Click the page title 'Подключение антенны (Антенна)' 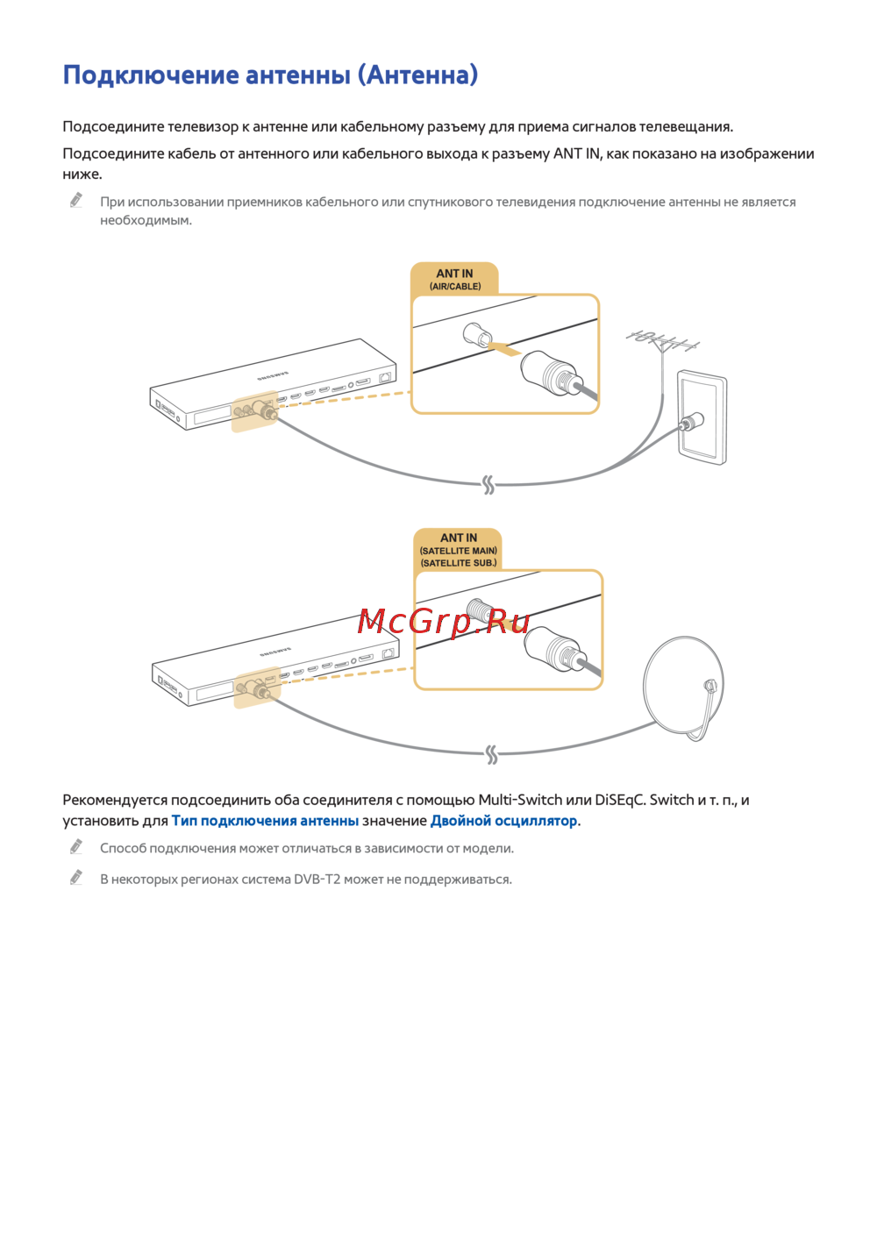click(270, 75)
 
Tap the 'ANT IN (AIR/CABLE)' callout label click(454, 279)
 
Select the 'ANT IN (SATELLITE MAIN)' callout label click(458, 550)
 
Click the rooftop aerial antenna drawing click(663, 340)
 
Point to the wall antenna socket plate click(702, 417)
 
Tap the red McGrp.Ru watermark click(444, 622)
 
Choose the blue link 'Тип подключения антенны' click(265, 821)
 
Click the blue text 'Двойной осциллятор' click(503, 821)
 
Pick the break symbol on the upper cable click(488, 484)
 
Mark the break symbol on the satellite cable click(491, 754)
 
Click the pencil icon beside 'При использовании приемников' click(76, 201)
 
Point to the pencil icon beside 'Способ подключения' click(76, 847)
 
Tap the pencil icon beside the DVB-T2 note click(76, 878)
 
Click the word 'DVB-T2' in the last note click(317, 880)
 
